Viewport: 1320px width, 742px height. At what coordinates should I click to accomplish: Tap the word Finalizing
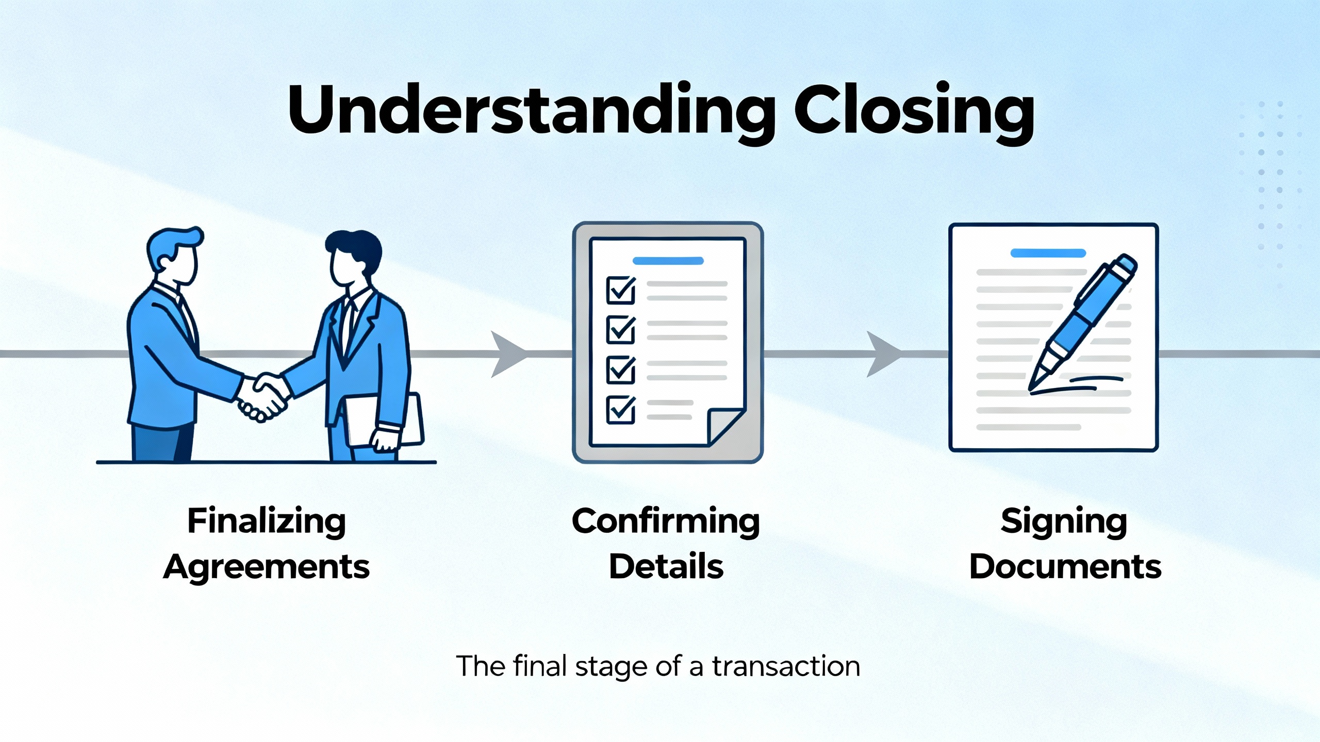(x=266, y=521)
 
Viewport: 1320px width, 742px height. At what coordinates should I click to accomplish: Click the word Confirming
(x=666, y=521)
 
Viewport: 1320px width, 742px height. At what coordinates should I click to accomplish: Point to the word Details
(x=666, y=567)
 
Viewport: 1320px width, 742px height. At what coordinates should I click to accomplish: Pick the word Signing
(x=1064, y=521)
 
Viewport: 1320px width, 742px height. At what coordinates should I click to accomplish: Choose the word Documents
(x=1065, y=567)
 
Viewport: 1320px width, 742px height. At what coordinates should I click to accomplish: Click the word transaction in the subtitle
(x=786, y=666)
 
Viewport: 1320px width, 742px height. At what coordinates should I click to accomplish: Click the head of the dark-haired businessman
(x=354, y=258)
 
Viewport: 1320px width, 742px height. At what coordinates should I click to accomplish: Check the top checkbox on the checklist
(x=621, y=291)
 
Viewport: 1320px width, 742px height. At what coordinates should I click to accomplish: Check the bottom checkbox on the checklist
(x=621, y=410)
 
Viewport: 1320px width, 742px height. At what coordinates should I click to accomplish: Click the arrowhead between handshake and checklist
(x=508, y=354)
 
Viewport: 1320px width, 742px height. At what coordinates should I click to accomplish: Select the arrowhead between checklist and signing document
(x=883, y=354)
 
